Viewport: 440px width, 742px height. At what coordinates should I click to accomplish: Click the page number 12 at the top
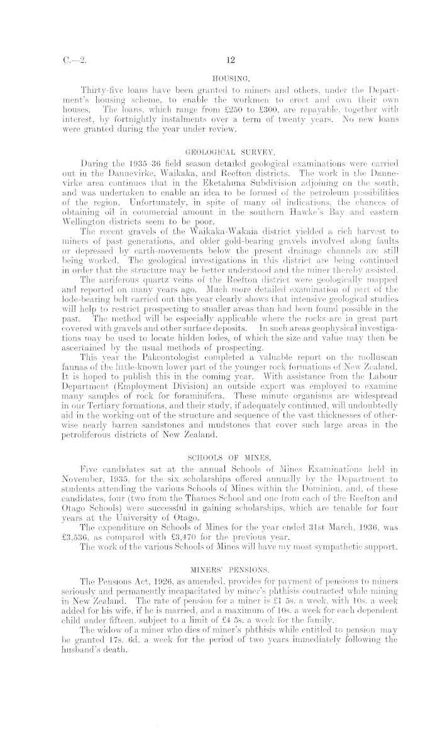click(x=229, y=60)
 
